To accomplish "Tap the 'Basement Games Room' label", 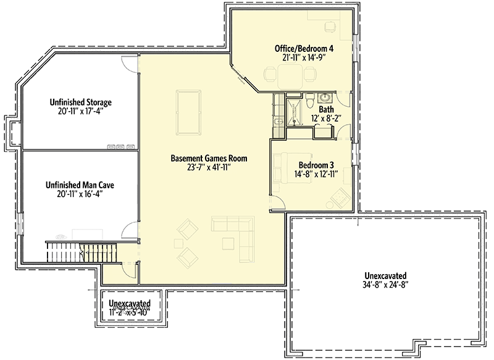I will coord(204,158).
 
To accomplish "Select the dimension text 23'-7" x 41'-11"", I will coord(204,167).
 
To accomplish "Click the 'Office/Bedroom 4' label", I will coord(304,48).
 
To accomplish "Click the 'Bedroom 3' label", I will coord(316,165).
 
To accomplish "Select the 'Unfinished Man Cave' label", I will coord(80,184).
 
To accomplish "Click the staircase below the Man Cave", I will coord(72,252).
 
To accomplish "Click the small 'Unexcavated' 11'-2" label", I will coord(130,304).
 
